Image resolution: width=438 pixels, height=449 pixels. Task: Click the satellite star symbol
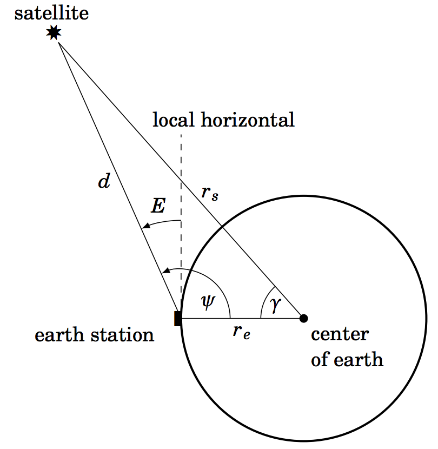coord(53,33)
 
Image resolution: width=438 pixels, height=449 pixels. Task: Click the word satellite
coord(51,12)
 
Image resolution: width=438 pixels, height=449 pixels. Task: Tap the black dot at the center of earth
coord(303,318)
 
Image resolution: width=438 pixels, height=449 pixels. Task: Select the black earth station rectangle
coord(177,318)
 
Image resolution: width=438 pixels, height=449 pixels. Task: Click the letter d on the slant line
coord(103,182)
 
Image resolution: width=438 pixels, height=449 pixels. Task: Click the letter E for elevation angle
coord(158,206)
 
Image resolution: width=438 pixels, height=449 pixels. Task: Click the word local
coord(174,119)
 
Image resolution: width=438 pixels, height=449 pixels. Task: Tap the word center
coord(340,334)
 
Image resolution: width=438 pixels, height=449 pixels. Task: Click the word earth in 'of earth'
coord(357,359)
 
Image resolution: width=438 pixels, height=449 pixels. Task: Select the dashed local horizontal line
coord(181,173)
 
